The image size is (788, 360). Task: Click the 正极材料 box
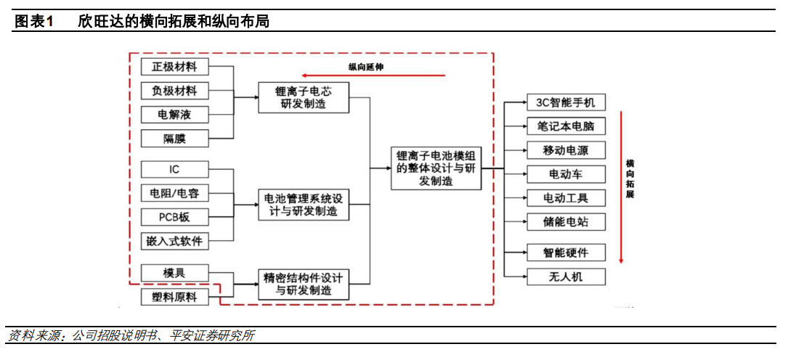pyautogui.click(x=174, y=67)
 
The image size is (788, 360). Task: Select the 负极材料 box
pyautogui.click(x=174, y=91)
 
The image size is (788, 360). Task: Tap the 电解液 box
pyautogui.click(x=174, y=115)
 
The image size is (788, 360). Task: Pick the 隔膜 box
pyautogui.click(x=174, y=138)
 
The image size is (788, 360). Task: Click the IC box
pyautogui.click(x=174, y=169)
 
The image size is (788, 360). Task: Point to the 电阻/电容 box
pyautogui.click(x=174, y=193)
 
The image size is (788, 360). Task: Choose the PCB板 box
pyautogui.click(x=174, y=217)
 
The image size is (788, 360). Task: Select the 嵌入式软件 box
pyautogui.click(x=174, y=241)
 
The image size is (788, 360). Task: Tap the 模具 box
pyautogui.click(x=174, y=272)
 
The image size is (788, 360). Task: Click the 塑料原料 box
pyautogui.click(x=174, y=296)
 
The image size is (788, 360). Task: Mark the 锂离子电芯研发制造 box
pyautogui.click(x=304, y=97)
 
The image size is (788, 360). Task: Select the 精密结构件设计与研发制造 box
pyautogui.click(x=304, y=284)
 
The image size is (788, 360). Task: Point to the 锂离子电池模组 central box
pyautogui.click(x=436, y=168)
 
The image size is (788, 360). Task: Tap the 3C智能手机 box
pyautogui.click(x=566, y=103)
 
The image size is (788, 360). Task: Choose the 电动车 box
pyautogui.click(x=566, y=174)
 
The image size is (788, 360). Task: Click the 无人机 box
pyautogui.click(x=566, y=277)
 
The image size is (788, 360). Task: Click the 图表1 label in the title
pyautogui.click(x=35, y=22)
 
